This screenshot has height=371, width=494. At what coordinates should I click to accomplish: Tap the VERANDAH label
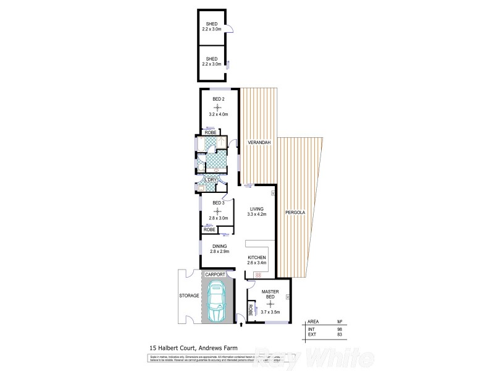pyautogui.click(x=260, y=143)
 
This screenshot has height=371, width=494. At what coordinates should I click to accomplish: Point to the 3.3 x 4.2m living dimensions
pyautogui.click(x=256, y=215)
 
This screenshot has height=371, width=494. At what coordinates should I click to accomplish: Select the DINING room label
pyautogui.click(x=219, y=245)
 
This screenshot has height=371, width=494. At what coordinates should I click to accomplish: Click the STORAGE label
pyautogui.click(x=190, y=296)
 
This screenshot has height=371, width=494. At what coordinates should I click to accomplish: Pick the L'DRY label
pyautogui.click(x=219, y=180)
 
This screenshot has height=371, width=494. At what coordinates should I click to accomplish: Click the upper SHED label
pyautogui.click(x=212, y=23)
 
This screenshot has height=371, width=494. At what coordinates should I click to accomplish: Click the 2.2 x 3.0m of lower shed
pyautogui.click(x=212, y=64)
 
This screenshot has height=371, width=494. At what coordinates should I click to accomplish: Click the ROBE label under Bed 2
pyautogui.click(x=210, y=132)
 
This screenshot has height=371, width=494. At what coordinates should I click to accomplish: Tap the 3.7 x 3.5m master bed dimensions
pyautogui.click(x=271, y=312)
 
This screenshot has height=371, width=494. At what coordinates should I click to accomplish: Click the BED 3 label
pyautogui.click(x=219, y=202)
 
